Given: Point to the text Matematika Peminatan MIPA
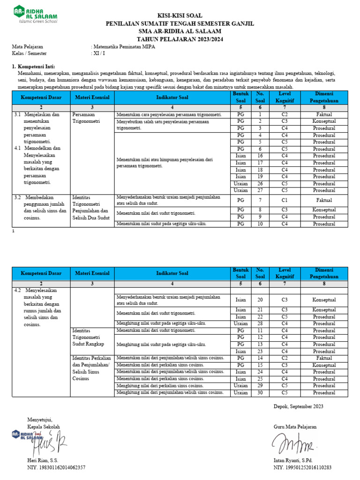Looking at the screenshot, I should [123, 47].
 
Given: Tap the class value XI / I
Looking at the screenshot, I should [99, 53].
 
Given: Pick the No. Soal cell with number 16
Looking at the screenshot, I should [260, 156].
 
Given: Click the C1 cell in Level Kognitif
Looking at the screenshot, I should [284, 200].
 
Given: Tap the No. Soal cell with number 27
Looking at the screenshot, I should [260, 190].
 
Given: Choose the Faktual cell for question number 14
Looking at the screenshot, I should [324, 358].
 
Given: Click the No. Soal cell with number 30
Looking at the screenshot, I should [260, 393].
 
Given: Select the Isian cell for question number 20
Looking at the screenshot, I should [240, 300].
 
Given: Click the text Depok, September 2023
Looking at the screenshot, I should [298, 406].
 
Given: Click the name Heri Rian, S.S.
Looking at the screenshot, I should [43, 461].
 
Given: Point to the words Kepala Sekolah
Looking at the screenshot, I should [44, 427].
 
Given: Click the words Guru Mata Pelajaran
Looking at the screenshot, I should [295, 427].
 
